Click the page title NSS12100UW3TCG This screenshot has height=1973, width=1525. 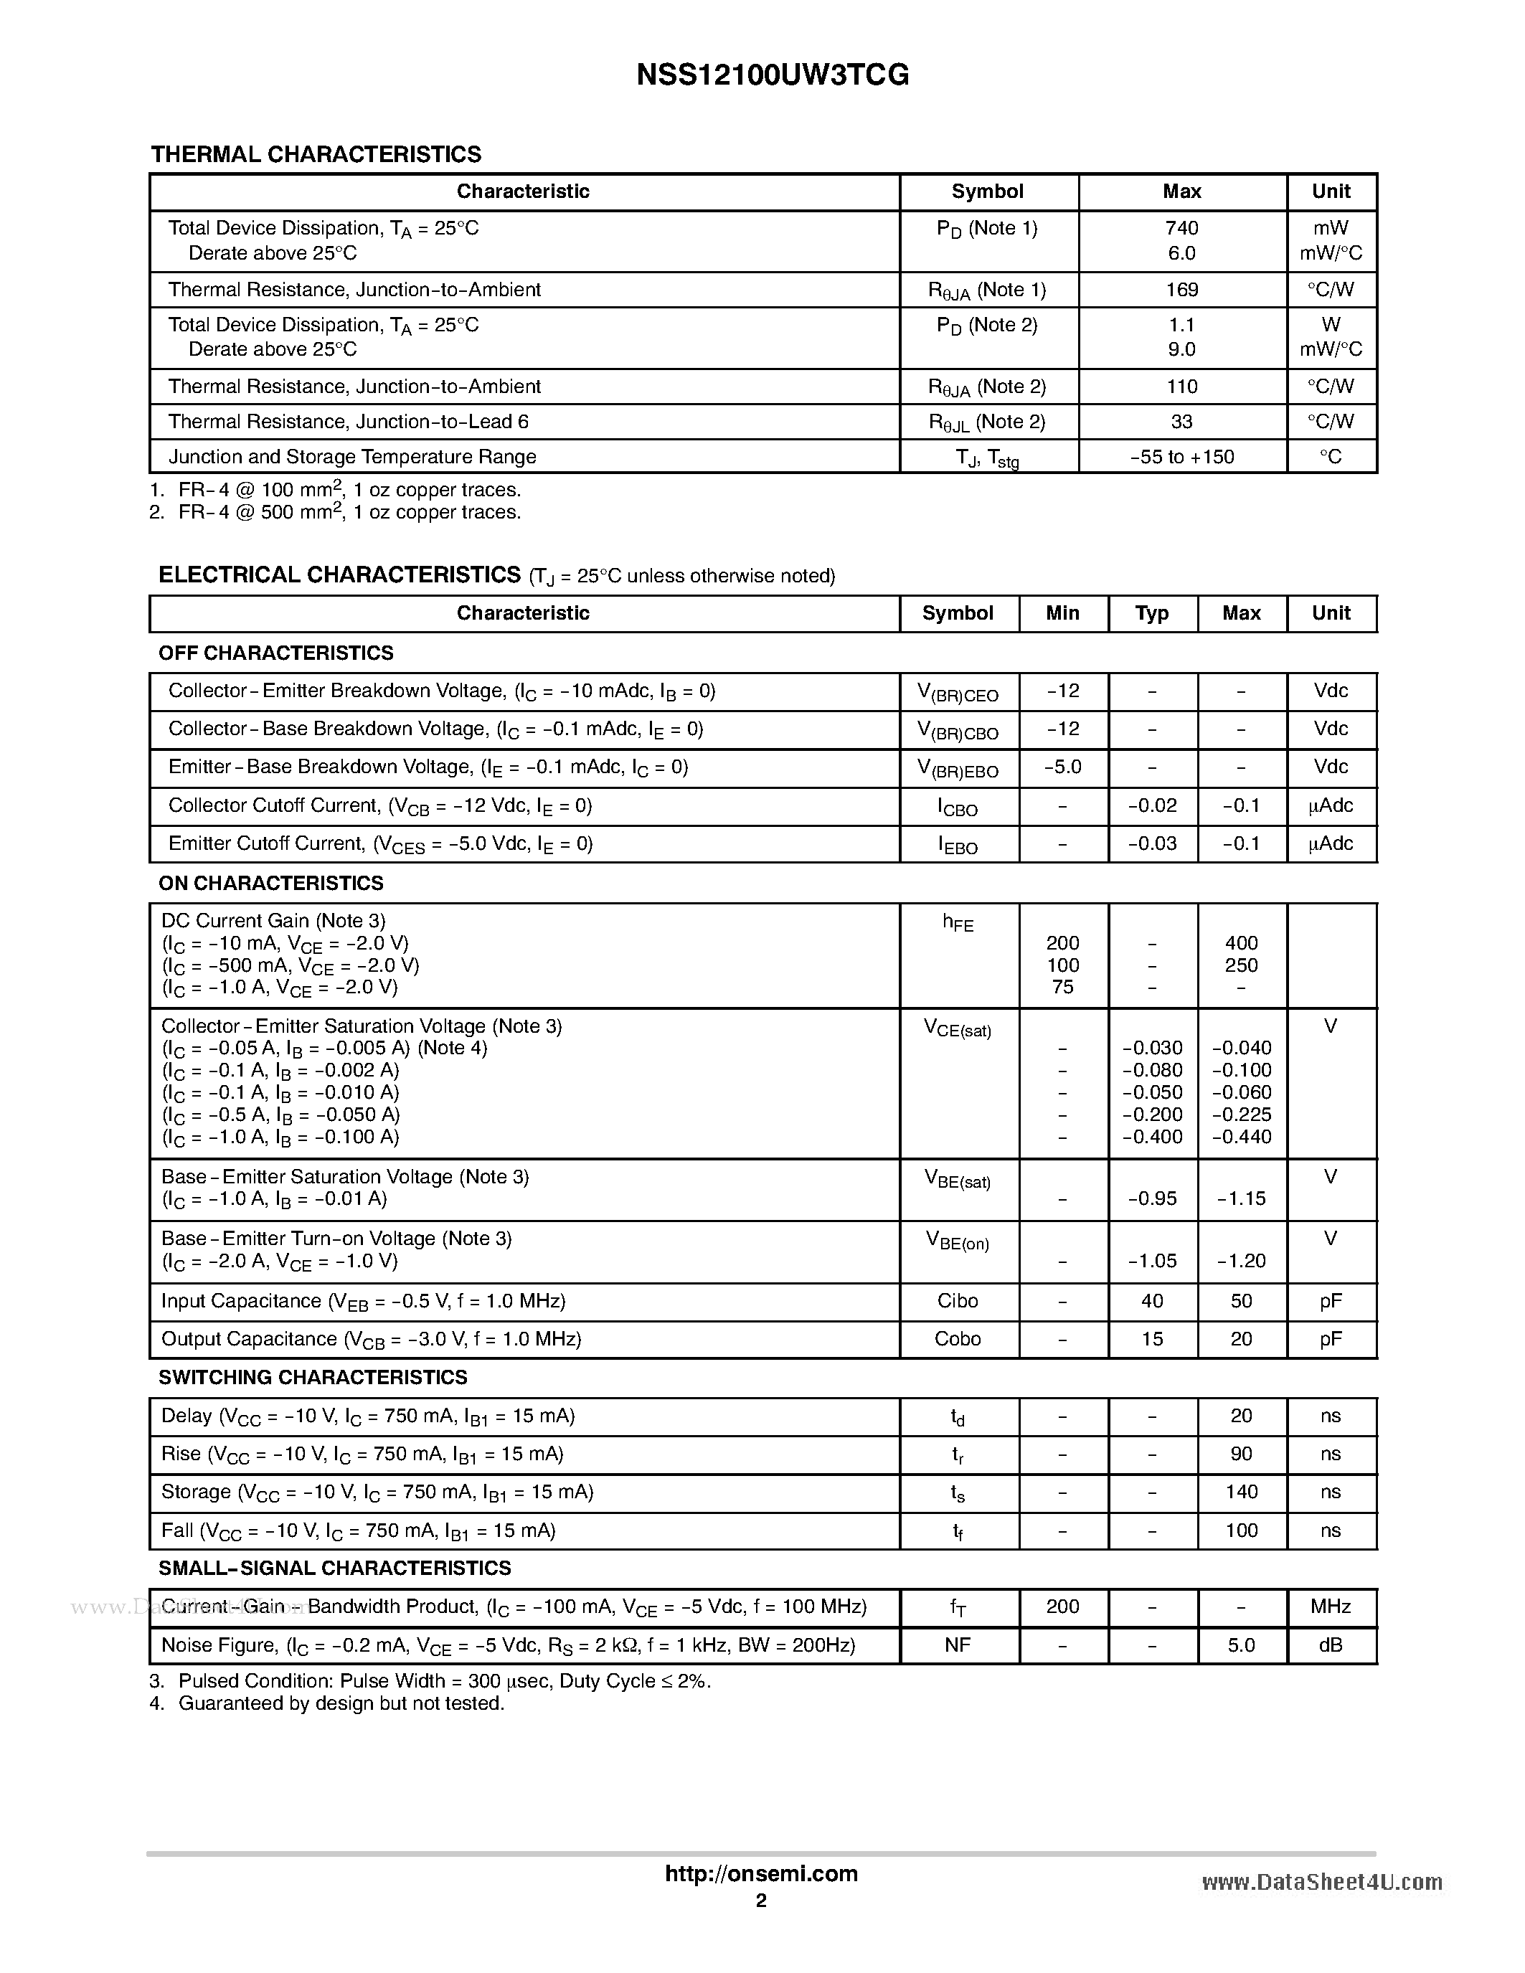[x=772, y=75]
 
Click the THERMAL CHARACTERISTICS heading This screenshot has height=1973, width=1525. [x=316, y=154]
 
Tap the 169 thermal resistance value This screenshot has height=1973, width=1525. [x=1181, y=290]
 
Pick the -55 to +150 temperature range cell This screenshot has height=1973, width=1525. [x=1181, y=457]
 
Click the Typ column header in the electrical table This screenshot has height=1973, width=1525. [x=1151, y=613]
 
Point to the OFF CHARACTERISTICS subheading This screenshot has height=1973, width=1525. [x=275, y=653]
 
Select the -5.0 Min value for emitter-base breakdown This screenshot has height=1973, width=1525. [x=1062, y=767]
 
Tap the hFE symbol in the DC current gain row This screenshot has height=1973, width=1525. [x=957, y=922]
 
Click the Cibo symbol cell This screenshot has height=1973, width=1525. [x=957, y=1301]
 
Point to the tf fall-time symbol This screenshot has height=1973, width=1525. [x=957, y=1532]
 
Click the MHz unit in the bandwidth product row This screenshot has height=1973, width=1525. [x=1330, y=1607]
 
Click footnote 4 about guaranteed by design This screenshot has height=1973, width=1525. [x=326, y=1704]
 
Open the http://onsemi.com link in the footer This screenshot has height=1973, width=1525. [x=760, y=1873]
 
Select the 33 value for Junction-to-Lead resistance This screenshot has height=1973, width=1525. [x=1181, y=422]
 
